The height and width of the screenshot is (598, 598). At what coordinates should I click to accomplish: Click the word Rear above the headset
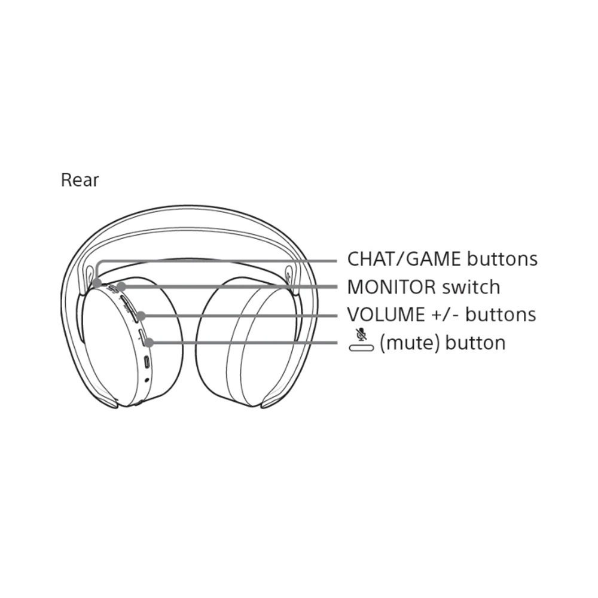[x=80, y=180]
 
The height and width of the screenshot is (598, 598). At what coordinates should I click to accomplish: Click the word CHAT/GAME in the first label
[x=404, y=259]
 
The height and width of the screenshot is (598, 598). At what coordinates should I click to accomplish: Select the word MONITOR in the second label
[x=391, y=287]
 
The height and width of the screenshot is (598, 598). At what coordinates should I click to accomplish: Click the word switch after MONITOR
[x=471, y=287]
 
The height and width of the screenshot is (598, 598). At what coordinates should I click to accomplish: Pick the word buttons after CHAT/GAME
[x=502, y=259]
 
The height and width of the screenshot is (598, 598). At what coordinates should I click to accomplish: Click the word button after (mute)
[x=475, y=343]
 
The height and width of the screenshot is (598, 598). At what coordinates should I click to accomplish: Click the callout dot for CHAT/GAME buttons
[x=97, y=283]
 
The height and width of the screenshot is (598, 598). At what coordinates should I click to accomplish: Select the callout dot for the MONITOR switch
[x=121, y=287]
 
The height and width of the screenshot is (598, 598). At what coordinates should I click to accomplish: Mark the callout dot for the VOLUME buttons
[x=141, y=316]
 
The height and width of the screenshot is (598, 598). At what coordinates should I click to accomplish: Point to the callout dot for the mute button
[x=149, y=343]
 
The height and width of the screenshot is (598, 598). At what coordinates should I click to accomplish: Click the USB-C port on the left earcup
[x=147, y=362]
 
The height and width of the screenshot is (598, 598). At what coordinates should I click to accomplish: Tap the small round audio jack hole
[x=147, y=380]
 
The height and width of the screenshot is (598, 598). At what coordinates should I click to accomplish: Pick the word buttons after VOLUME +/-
[x=501, y=315]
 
